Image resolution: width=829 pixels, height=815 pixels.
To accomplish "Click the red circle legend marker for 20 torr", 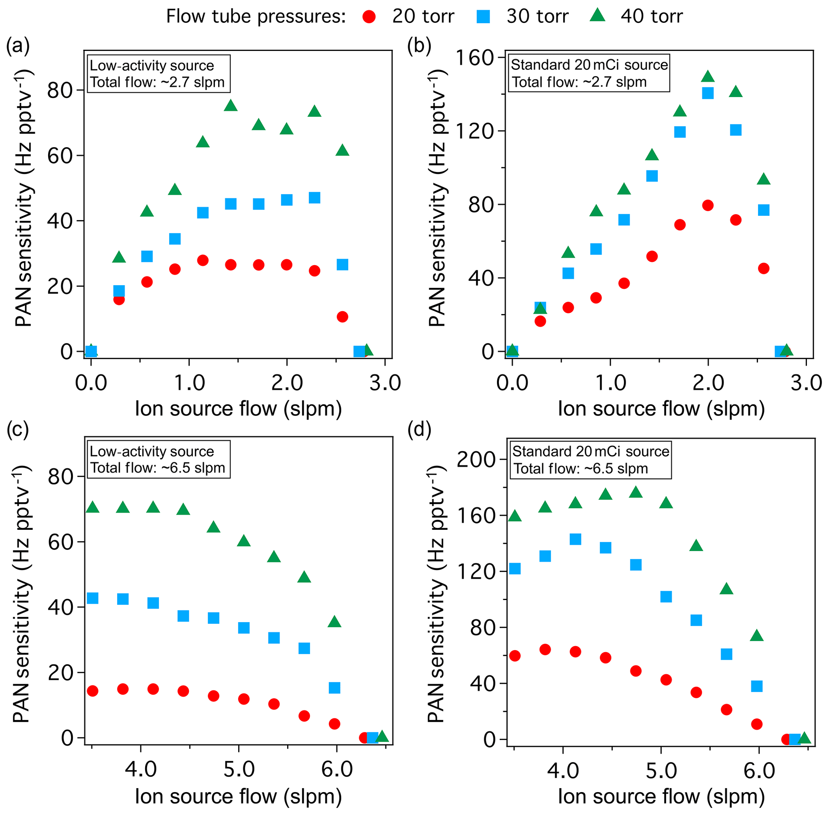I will [369, 17].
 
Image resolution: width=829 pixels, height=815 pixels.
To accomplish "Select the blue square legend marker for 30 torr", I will [483, 17].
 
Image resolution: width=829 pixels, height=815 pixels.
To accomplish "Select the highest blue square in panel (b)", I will [708, 93].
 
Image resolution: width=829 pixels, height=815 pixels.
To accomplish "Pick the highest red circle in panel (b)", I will [708, 205].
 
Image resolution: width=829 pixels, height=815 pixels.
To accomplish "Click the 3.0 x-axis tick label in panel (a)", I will [385, 382].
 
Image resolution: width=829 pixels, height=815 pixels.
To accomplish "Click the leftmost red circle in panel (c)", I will [92, 691].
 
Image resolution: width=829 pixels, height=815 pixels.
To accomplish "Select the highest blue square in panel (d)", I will [576, 539].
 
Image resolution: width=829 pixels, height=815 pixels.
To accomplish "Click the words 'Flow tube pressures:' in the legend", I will [255, 17].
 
